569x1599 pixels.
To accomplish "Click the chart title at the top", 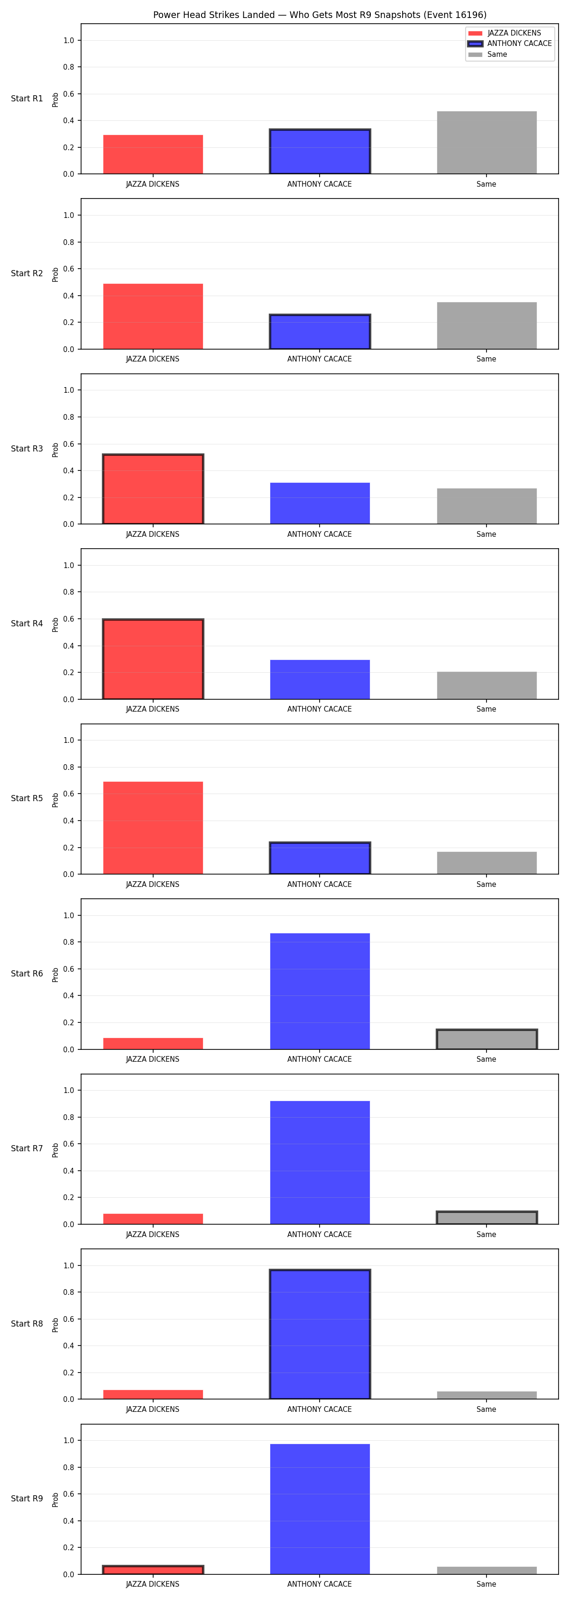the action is click(320, 15).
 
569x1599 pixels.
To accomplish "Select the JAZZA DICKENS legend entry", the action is click(505, 33).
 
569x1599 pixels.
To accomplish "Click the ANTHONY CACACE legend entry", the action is click(509, 44).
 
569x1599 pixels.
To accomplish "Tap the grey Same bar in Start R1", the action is click(486, 143).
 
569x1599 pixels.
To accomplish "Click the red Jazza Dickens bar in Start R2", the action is click(153, 316).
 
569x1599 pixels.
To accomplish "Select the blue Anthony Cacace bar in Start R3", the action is click(320, 504).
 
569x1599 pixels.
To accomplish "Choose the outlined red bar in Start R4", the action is click(153, 659).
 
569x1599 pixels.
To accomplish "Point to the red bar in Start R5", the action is click(153, 828).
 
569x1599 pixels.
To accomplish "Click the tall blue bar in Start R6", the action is click(320, 991).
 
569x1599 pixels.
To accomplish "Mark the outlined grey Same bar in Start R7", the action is click(486, 1218).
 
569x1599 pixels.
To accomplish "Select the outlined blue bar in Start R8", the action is click(320, 1335).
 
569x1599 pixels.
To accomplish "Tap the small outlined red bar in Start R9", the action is click(153, 1570).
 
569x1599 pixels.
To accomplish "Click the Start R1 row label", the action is click(27, 99).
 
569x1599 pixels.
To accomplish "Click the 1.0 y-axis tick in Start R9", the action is click(68, 1441).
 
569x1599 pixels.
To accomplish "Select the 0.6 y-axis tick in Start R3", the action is click(68, 444).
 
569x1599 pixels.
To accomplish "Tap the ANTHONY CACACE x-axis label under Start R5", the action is click(319, 884).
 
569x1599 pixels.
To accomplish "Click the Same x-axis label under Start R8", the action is click(486, 1409).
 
